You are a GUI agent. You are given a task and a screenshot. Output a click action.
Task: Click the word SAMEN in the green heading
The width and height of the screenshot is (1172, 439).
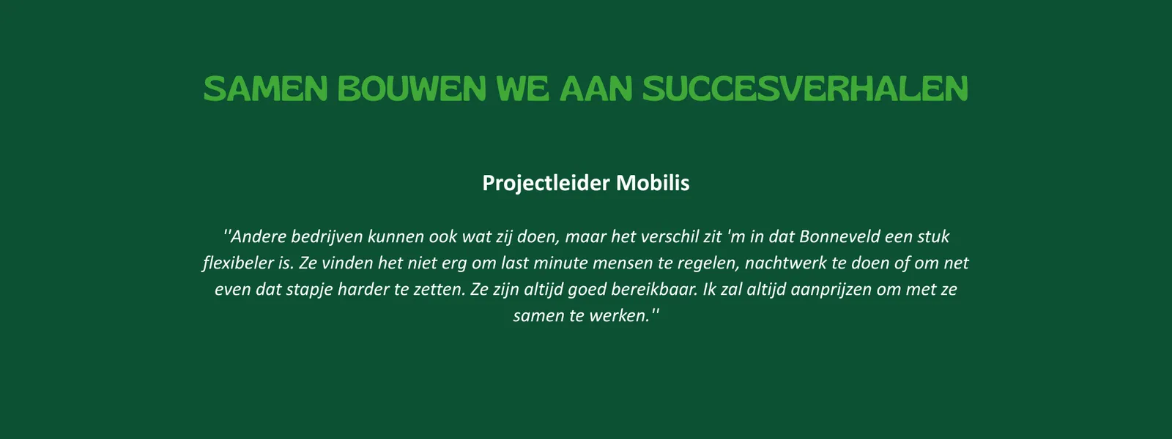265,89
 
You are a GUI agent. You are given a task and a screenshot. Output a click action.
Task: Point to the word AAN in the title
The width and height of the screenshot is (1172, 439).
596,89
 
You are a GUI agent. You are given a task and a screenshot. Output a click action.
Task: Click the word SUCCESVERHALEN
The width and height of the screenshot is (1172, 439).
806,89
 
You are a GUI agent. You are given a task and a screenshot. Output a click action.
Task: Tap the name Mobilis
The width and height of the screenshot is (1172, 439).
653,183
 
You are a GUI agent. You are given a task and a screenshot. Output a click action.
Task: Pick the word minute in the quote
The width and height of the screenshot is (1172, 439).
560,263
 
